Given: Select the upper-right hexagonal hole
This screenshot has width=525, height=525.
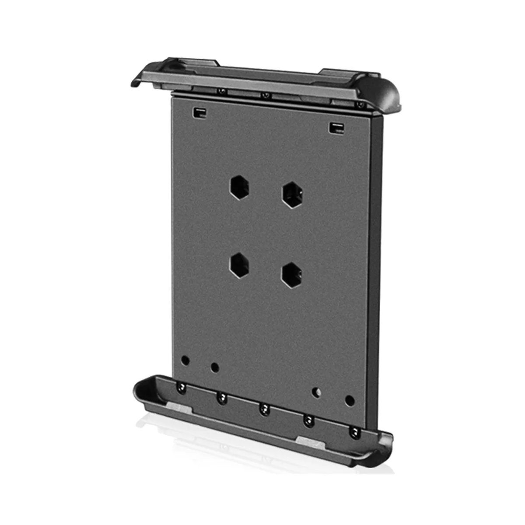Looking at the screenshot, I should [293, 195].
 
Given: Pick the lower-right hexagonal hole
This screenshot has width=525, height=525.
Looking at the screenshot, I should [292, 275].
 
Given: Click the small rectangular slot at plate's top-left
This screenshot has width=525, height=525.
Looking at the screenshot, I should [199, 112].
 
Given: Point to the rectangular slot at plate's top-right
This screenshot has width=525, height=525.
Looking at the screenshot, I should [336, 128].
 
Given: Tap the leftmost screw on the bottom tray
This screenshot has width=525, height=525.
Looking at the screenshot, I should [180, 386].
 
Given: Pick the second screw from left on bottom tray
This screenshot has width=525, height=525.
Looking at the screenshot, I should [222, 398].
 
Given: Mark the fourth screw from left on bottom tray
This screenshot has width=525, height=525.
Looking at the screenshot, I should [309, 421].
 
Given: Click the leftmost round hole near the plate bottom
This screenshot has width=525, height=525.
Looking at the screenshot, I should [185, 360].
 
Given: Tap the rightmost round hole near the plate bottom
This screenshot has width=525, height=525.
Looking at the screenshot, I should [349, 400].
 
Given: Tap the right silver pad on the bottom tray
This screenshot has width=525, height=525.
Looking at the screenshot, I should [311, 442].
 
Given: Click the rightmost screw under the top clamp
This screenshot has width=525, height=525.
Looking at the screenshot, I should [360, 105].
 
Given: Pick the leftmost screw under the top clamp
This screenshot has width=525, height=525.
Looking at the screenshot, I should [222, 91].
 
